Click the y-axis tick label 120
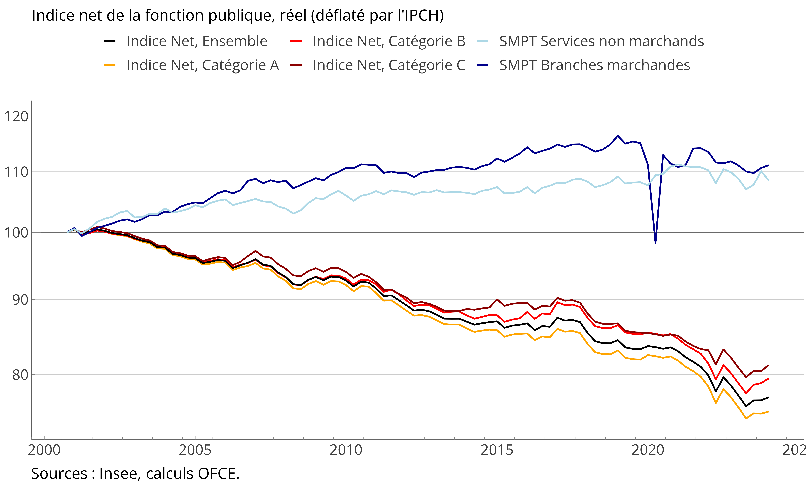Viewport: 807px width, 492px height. tap(16, 116)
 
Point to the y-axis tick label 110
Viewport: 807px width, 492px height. tap(16, 172)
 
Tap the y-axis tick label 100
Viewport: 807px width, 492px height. tap(16, 233)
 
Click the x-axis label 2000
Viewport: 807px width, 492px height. tap(44, 450)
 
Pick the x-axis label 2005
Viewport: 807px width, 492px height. tap(195, 450)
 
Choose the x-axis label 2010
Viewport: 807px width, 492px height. tap(346, 450)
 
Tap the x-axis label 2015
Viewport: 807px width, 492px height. tap(497, 450)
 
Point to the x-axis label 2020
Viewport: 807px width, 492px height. tap(648, 450)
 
